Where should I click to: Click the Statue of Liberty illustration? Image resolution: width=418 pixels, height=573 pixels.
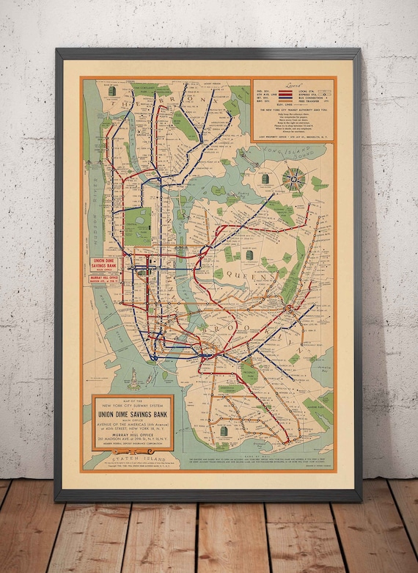point(136,379)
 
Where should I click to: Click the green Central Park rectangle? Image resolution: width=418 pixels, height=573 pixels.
point(139,225)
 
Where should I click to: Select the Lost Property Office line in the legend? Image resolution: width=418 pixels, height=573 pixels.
point(293,135)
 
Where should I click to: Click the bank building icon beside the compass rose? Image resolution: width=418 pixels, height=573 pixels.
point(265,180)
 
